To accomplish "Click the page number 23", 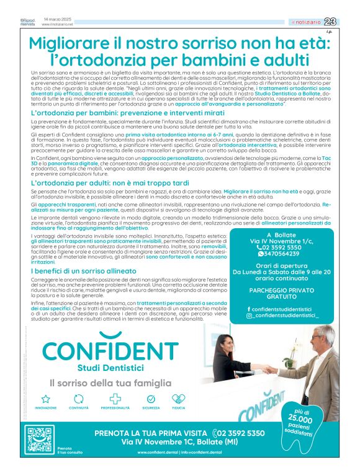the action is pyautogui.click(x=347, y=22).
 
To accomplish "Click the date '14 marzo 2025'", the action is pyautogui.click(x=56, y=19).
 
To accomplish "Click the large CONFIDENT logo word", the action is pyautogui.click(x=110, y=350).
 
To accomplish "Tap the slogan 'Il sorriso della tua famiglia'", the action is pyautogui.click(x=110, y=383).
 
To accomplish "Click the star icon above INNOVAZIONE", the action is pyautogui.click(x=45, y=399).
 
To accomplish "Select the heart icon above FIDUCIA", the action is pyautogui.click(x=178, y=399).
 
